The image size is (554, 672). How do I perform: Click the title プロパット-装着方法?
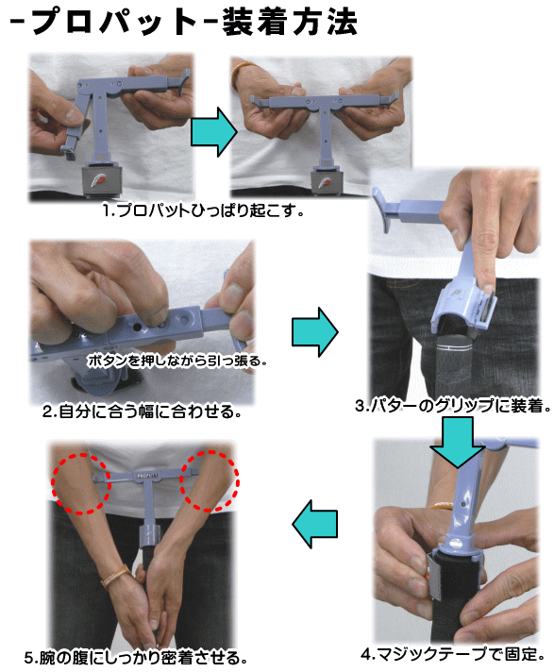coord(183,22)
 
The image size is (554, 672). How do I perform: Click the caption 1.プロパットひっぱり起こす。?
coord(203,210)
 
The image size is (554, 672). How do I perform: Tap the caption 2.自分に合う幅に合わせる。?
coord(142,412)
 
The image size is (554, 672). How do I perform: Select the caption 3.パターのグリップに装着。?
coord(453,406)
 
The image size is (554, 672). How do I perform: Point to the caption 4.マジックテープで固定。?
coord(453,654)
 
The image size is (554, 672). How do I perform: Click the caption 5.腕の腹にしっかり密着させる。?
coord(135,658)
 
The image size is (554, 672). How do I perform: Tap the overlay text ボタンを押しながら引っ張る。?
coord(176,361)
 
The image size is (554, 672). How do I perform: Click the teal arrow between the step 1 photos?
coord(213,132)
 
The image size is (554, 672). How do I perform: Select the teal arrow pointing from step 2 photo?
coord(315,331)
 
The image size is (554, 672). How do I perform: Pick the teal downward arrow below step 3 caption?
coord(458,443)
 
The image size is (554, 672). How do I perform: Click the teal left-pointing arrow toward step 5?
coord(315,524)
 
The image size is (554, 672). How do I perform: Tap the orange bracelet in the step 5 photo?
coord(116,576)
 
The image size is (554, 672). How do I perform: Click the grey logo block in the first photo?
coord(102,180)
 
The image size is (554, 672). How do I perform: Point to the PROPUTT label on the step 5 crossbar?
coord(147,476)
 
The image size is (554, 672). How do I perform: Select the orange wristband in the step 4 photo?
coord(441,507)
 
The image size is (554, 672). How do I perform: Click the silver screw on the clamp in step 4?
coord(456,545)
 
